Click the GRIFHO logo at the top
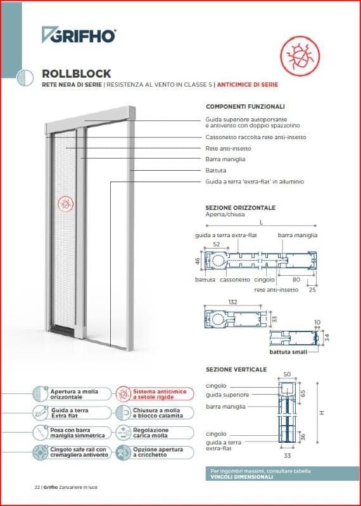79,35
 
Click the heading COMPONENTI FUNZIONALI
245,106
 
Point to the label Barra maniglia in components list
225,159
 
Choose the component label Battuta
216,170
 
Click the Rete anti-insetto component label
229,148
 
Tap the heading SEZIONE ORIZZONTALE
240,207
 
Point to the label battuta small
288,351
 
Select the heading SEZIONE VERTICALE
236,369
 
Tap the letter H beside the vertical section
321,412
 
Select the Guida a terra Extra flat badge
69,413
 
